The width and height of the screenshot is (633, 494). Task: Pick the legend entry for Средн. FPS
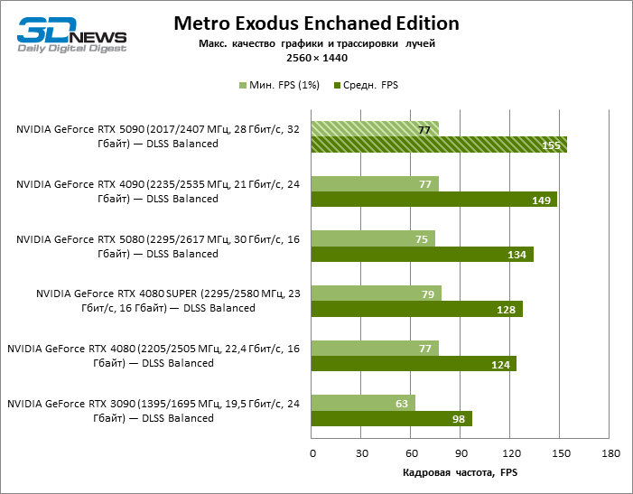(x=366, y=85)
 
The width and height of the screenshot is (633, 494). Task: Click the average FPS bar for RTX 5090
(x=439, y=144)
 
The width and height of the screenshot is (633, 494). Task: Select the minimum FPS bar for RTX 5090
(x=375, y=129)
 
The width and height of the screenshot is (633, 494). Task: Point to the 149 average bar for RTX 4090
(x=433, y=200)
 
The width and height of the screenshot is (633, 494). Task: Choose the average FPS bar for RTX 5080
(x=422, y=254)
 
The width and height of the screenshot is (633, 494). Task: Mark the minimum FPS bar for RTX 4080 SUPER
(x=377, y=294)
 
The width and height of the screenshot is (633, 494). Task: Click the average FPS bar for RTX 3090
(x=392, y=418)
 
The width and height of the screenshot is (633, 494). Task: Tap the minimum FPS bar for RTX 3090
(x=363, y=403)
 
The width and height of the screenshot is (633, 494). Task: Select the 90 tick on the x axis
(x=461, y=452)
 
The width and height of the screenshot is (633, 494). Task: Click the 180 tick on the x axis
(x=610, y=452)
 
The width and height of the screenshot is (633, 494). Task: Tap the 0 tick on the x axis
(x=312, y=452)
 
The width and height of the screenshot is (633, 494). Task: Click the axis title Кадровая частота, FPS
(x=461, y=472)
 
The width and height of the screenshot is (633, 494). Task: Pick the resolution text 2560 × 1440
(x=316, y=58)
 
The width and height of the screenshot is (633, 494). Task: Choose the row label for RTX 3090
(x=154, y=411)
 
